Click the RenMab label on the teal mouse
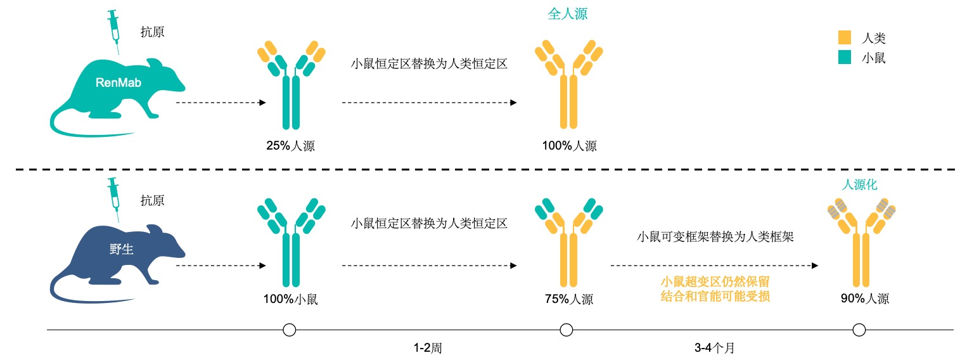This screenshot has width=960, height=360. point(118,82)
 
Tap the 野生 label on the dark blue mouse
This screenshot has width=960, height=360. point(121,249)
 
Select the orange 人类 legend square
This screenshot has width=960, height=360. point(844,37)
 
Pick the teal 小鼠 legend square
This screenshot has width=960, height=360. point(844,57)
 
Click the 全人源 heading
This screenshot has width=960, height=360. point(567,14)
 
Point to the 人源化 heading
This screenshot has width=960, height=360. point(859,184)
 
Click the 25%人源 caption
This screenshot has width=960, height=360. point(291,146)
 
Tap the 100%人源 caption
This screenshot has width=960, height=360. point(569,146)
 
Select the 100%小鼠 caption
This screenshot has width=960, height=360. point(291,299)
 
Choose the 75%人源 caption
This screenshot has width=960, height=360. point(569,299)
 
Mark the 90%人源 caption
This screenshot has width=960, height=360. point(865,299)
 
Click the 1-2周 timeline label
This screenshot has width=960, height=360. point(428,347)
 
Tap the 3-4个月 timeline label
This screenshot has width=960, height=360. point(714,347)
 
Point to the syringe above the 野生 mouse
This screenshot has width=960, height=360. point(114,199)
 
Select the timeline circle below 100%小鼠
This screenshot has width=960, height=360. point(290,330)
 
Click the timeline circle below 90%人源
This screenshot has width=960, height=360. point(859,330)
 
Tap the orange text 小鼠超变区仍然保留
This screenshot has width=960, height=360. point(715,281)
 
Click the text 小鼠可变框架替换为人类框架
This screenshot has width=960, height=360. point(715,236)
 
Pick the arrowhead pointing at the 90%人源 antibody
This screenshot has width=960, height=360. point(815,266)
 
